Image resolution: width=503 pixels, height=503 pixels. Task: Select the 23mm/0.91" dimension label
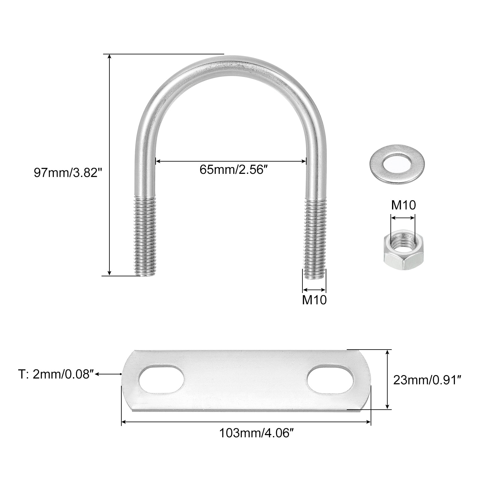[x=427, y=380]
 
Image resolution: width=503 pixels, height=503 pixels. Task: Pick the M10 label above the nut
[x=403, y=205]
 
